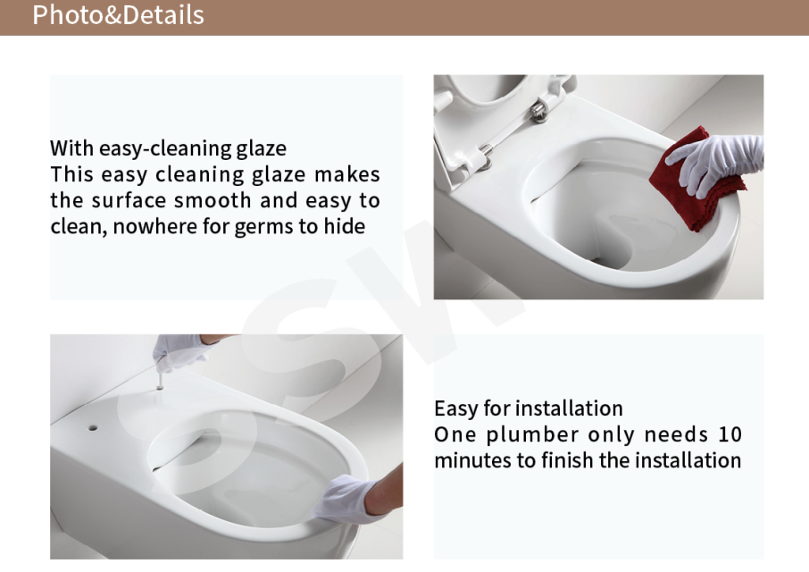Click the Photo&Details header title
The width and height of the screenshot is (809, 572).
coord(118,15)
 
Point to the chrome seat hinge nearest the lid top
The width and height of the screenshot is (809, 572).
coord(538,112)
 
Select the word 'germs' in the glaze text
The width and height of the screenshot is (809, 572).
coord(263,227)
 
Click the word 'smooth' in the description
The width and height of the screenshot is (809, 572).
coord(213,200)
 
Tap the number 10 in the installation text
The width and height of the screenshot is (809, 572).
coord(730,434)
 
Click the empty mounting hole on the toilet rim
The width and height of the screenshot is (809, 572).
coord(93,428)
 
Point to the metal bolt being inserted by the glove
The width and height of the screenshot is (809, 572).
coord(160,381)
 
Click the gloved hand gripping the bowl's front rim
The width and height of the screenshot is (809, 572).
coord(343,499)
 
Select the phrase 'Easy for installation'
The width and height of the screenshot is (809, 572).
coord(529,408)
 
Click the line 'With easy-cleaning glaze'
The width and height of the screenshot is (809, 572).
coord(168,148)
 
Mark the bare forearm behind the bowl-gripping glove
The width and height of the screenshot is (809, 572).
coord(386,491)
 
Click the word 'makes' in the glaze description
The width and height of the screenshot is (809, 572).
coord(347,174)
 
